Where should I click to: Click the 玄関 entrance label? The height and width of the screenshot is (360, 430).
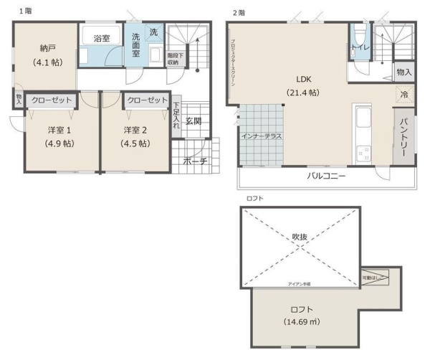(x=193, y=120)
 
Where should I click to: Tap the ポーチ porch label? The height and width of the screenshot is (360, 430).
(x=195, y=162)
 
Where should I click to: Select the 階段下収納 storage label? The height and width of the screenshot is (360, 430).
(x=175, y=59)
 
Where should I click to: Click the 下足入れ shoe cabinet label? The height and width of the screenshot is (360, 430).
(x=176, y=115)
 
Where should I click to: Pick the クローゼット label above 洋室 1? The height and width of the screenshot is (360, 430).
(x=51, y=100)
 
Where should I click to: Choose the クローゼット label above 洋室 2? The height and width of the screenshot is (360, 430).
(x=146, y=100)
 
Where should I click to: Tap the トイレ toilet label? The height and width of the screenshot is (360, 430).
(x=359, y=48)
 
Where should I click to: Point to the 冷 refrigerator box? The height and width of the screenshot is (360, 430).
(x=404, y=94)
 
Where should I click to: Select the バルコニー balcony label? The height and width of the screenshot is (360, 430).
(x=327, y=176)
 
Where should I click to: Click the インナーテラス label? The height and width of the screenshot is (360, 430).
(x=261, y=136)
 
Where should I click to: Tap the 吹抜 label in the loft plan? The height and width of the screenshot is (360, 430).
(x=300, y=237)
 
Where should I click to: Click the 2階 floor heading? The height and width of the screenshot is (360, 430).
(x=239, y=12)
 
